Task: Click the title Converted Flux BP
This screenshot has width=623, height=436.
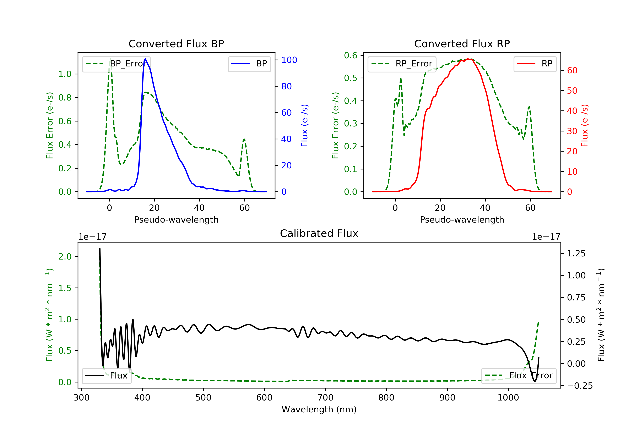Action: (x=176, y=44)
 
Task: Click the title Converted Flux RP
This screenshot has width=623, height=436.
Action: (x=462, y=44)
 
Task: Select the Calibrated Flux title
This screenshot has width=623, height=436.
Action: (x=319, y=233)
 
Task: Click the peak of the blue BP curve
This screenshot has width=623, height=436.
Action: (x=145, y=59)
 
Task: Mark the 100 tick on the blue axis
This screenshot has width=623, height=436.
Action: (x=289, y=60)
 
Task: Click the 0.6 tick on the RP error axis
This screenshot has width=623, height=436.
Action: (x=350, y=55)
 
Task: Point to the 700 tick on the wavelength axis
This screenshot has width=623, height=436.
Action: (x=325, y=398)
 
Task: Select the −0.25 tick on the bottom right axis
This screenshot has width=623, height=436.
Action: (x=580, y=386)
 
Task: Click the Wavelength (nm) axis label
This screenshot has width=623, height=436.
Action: (x=319, y=409)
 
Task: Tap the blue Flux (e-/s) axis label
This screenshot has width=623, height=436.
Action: (x=304, y=125)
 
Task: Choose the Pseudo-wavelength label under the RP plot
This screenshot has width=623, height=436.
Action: (x=462, y=219)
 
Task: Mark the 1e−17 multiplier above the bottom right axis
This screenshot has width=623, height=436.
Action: (x=546, y=237)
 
